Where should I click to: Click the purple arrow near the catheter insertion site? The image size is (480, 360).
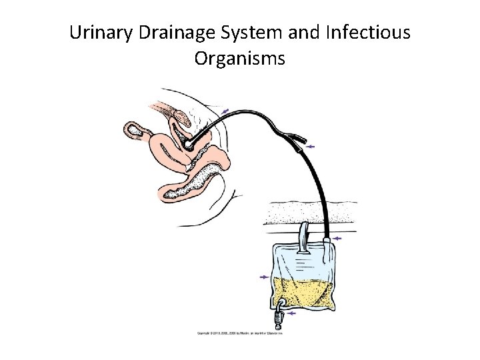click(226, 111)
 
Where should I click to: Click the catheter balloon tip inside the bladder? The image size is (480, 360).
click(190, 142)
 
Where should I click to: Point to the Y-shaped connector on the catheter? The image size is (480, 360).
click(293, 137)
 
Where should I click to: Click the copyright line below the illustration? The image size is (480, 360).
click(239, 331)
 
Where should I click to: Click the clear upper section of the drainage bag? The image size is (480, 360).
click(303, 263)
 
